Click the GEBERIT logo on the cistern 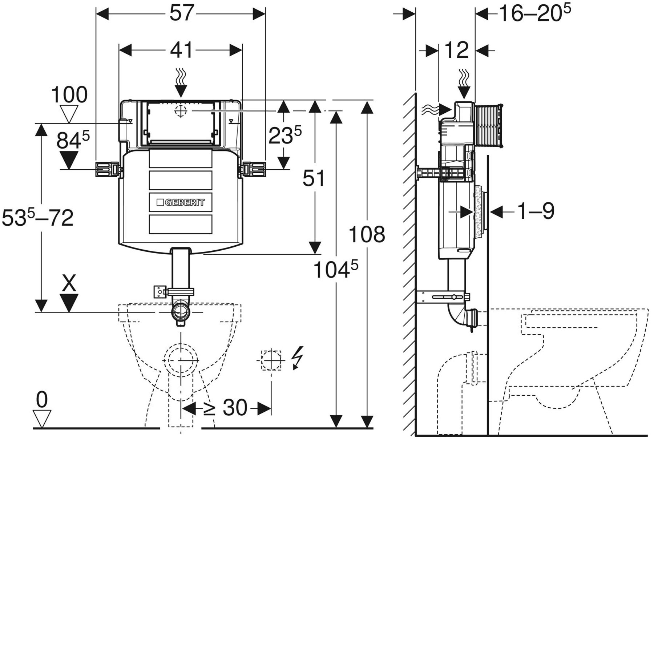181,202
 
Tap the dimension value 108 366,234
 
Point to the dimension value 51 314,179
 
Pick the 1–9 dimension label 536,211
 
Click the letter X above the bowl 69,283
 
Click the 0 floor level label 42,400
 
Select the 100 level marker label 69,95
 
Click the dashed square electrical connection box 271,360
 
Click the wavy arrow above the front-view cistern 181,82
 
